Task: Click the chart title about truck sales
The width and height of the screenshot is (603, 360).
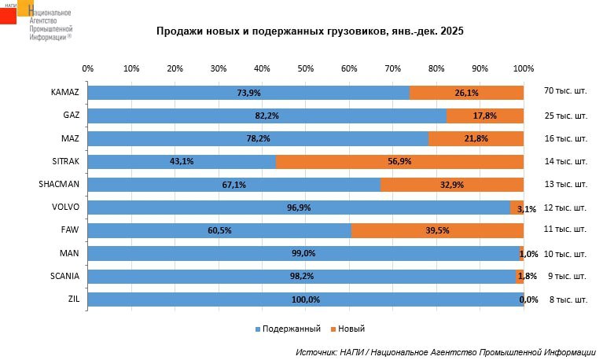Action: tap(309, 31)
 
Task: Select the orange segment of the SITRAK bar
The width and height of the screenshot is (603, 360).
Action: tap(399, 161)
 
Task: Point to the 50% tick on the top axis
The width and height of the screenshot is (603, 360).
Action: tap(306, 68)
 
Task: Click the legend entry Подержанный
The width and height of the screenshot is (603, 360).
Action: tap(286, 329)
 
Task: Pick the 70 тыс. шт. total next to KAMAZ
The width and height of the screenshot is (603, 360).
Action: tap(565, 93)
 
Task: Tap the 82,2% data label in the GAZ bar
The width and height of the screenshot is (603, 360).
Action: tap(267, 116)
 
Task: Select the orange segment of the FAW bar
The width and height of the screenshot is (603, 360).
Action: tap(437, 230)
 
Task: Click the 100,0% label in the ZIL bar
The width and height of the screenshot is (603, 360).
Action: tap(306, 299)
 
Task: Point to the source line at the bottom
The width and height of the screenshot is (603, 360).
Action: tap(445, 352)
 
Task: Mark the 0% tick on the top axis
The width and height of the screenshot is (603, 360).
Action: tap(88, 68)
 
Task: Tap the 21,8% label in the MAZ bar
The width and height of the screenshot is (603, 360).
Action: tap(476, 138)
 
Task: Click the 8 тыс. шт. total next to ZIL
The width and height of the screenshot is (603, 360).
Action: tap(565, 299)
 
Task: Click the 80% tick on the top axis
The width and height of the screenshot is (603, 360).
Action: tap(436, 68)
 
